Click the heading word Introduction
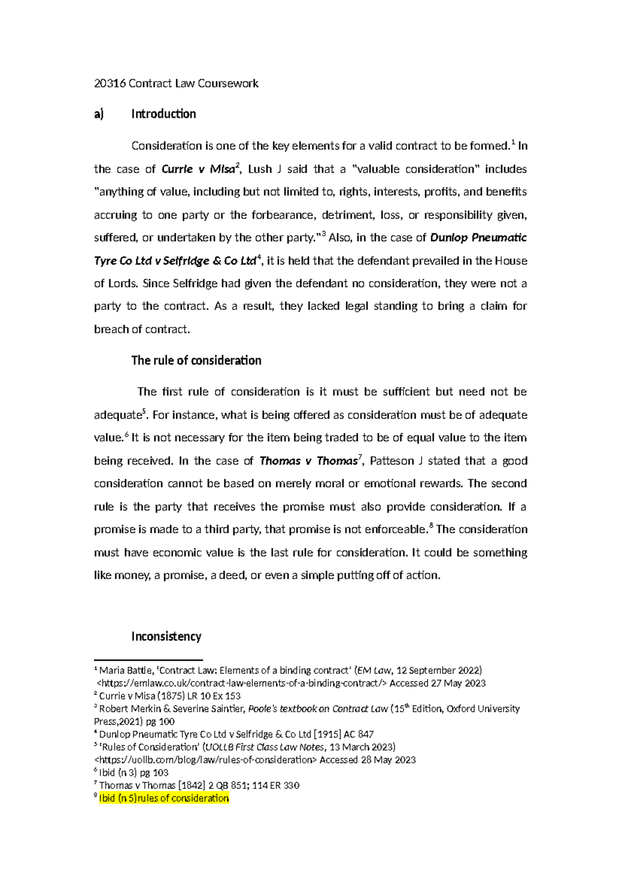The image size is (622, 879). pos(163,114)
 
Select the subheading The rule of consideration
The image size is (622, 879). pos(196,361)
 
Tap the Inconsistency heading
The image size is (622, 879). pos(166,636)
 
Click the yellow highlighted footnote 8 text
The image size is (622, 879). pos(164,798)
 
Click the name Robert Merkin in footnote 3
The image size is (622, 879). pos(129,708)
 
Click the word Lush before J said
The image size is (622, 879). pos(260,169)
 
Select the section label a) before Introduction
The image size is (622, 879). pos(99,114)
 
